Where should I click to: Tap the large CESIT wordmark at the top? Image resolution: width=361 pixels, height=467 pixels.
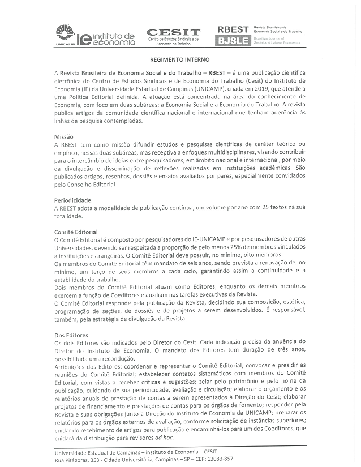[x=173, y=32]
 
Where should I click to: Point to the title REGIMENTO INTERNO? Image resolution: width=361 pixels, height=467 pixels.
[x=180, y=59]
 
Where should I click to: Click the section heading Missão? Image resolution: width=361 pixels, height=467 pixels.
[x=63, y=138]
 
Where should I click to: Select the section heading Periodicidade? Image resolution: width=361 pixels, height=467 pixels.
[x=72, y=200]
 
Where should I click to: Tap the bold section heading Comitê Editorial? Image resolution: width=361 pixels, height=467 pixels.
[x=76, y=232]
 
